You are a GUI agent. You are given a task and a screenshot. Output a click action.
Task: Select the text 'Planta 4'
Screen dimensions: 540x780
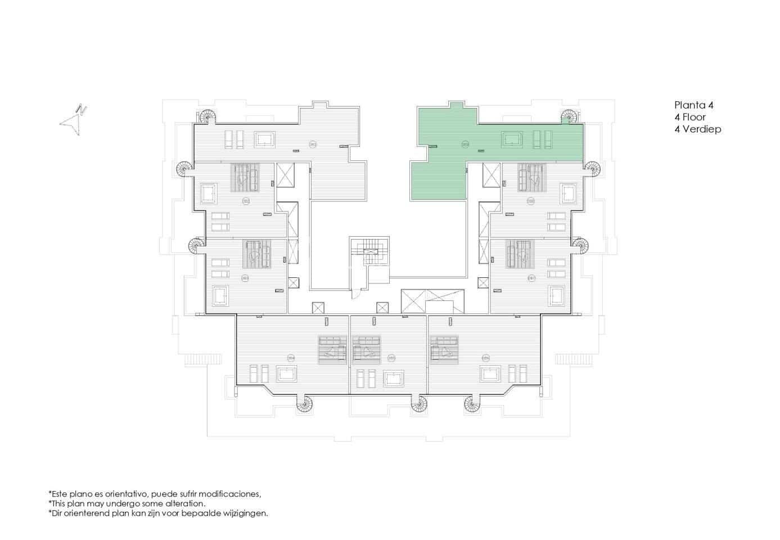[x=693, y=105]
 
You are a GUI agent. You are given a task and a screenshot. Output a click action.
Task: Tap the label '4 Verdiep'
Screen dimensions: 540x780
[x=697, y=129]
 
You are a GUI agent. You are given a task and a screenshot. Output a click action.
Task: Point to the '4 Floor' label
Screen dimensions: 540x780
[x=689, y=117]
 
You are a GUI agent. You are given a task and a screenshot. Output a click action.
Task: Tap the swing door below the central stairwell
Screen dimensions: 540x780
[x=355, y=292]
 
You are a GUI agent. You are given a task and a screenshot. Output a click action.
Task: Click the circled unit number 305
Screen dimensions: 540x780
[x=391, y=358]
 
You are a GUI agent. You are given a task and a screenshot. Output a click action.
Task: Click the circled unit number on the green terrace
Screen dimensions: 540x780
[x=465, y=145]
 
